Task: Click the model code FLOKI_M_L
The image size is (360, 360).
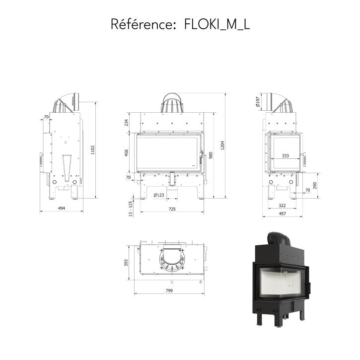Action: click(217, 24)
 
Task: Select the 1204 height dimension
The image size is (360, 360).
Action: click(222, 145)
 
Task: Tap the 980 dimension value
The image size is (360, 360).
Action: click(211, 155)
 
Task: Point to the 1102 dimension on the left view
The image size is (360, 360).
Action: click(93, 150)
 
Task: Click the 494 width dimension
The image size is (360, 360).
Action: click(62, 208)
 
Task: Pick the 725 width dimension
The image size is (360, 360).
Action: click(172, 209)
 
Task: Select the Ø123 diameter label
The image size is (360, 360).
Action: click(159, 195)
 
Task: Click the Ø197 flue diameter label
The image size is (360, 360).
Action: click(258, 102)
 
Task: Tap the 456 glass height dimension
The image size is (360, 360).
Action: click(126, 153)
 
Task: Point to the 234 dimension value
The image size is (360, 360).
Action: click(126, 123)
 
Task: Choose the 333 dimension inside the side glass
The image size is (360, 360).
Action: click(285, 155)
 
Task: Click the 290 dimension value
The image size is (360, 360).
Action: click(314, 186)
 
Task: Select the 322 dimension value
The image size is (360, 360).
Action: click(282, 205)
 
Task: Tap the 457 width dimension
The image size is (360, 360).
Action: click(283, 214)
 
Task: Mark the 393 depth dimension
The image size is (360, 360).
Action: click(126, 263)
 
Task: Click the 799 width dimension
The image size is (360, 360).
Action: click(169, 290)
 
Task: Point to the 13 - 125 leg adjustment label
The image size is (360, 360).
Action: click(131, 209)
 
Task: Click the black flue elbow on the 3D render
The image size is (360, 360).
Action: click(279, 239)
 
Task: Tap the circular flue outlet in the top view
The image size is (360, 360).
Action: click(172, 259)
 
